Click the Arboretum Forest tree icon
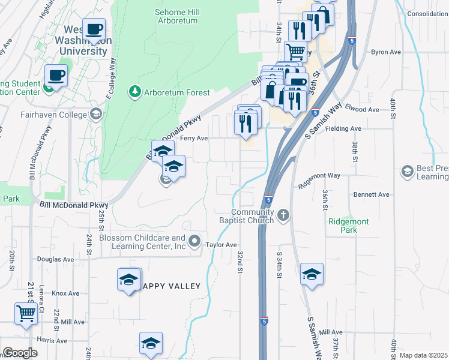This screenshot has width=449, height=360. [134, 92]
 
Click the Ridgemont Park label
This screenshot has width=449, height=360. [349, 226]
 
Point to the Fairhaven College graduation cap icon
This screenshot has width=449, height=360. [95, 114]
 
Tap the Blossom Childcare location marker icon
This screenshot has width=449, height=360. [194, 242]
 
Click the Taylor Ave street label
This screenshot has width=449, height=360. [221, 245]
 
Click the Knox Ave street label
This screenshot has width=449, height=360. [65, 293]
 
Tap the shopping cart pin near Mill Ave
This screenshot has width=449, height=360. [25, 313]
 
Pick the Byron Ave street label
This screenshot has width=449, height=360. [385, 52]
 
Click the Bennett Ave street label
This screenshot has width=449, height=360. [372, 194]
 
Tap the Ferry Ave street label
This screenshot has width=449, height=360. [194, 138]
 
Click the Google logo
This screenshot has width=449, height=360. [20, 353]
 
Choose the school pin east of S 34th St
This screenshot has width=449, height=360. [311, 274]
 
